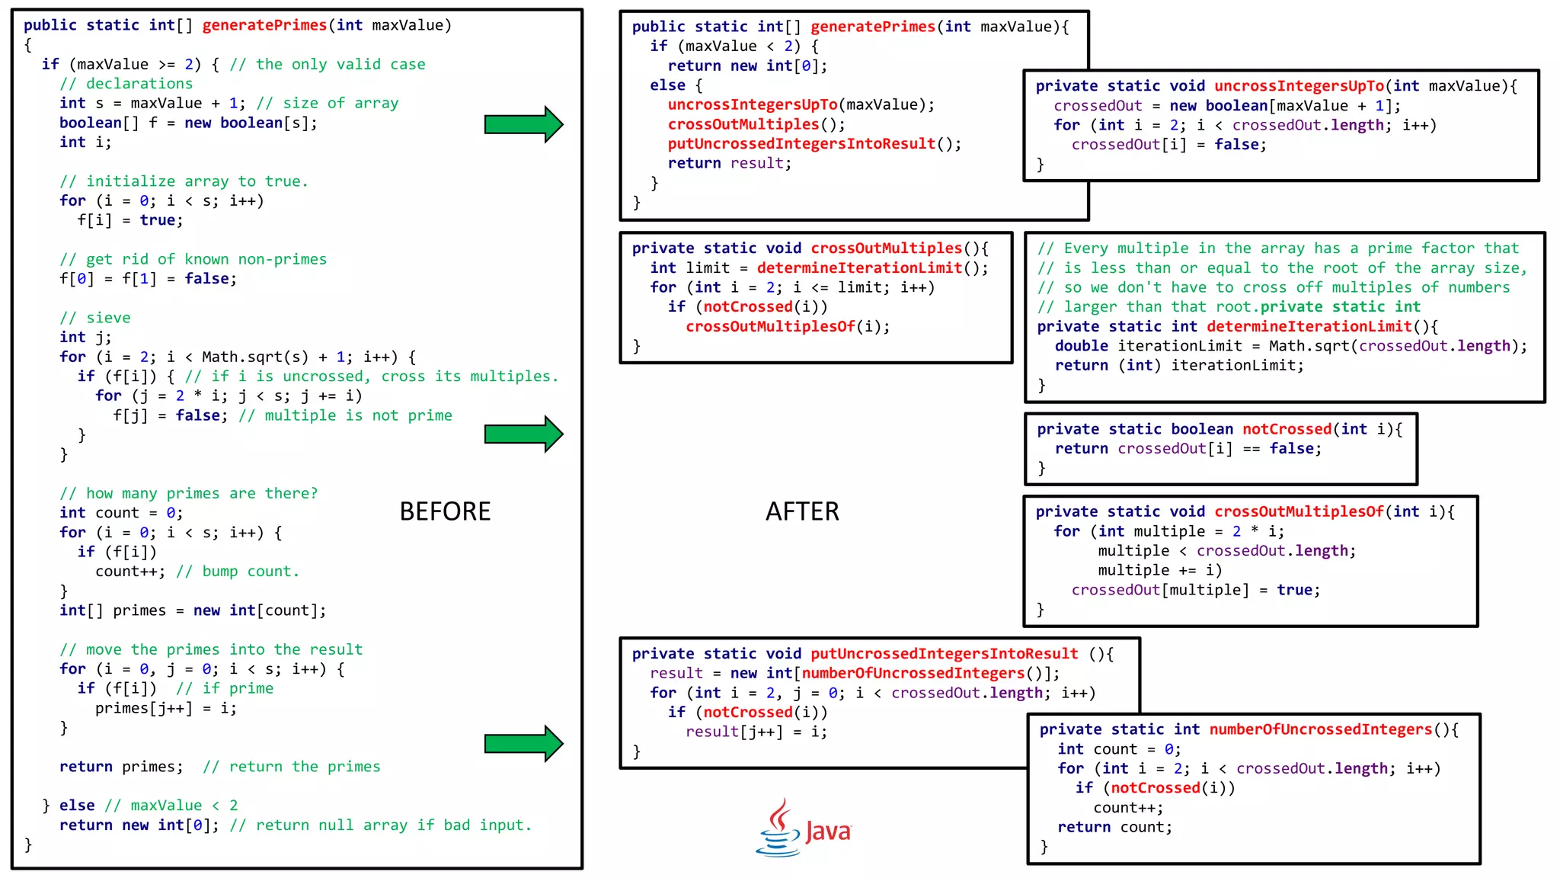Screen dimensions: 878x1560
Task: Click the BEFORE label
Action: (445, 511)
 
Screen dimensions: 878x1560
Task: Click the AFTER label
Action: (802, 511)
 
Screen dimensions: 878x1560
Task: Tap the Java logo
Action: (804, 828)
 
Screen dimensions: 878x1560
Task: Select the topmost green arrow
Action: (523, 124)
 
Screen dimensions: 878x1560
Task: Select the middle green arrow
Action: (523, 434)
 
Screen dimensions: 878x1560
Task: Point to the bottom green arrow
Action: (523, 744)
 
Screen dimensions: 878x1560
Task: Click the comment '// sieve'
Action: (95, 318)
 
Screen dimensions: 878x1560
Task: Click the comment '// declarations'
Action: (126, 84)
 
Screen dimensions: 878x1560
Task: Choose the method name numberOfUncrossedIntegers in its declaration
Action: (1320, 729)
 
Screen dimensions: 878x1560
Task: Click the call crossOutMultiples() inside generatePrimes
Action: (756, 124)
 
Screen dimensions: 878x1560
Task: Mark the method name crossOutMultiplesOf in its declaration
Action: (1299, 512)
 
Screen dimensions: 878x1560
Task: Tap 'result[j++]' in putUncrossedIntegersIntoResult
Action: (734, 732)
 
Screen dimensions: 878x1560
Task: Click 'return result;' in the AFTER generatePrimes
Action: (730, 163)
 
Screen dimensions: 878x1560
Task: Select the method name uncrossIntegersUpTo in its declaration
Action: (1299, 86)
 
